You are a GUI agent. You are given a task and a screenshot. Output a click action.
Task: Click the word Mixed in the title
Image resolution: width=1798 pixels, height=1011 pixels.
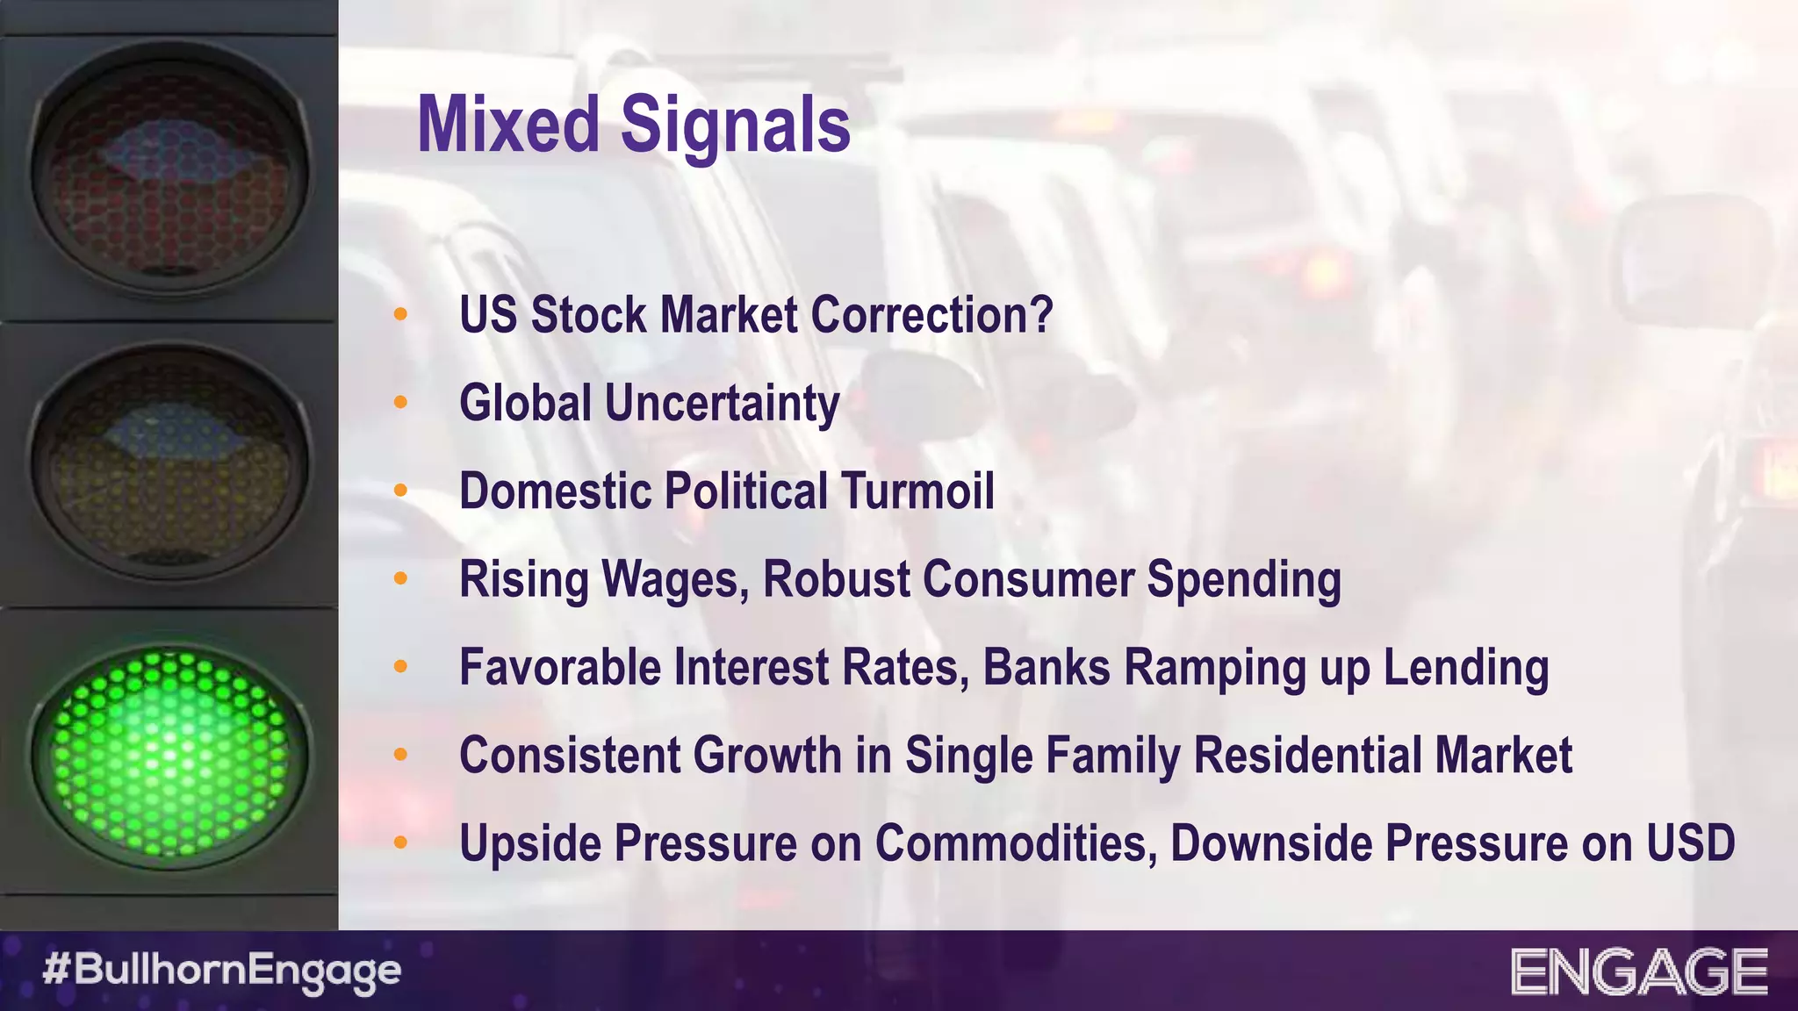coord(508,125)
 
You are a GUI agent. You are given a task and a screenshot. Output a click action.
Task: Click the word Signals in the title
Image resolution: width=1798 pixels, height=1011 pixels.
coord(736,125)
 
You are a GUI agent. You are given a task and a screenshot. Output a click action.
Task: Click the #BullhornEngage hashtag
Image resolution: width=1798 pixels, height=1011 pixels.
coord(222,971)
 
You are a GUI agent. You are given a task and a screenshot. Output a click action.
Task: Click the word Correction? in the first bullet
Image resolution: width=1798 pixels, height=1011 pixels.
coord(931,315)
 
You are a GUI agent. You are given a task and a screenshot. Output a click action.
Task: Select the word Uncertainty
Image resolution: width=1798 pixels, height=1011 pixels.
coord(723,404)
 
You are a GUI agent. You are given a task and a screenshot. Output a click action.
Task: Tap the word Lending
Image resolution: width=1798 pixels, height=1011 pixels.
coord(1466,668)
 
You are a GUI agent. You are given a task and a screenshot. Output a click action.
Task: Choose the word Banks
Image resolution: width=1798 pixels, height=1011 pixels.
coord(1046,667)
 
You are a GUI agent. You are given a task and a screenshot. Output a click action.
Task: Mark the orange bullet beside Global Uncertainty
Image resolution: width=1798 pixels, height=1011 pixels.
coord(401,403)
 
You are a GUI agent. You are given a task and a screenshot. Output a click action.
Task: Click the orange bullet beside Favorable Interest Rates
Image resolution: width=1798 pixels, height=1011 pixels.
coord(401,667)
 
